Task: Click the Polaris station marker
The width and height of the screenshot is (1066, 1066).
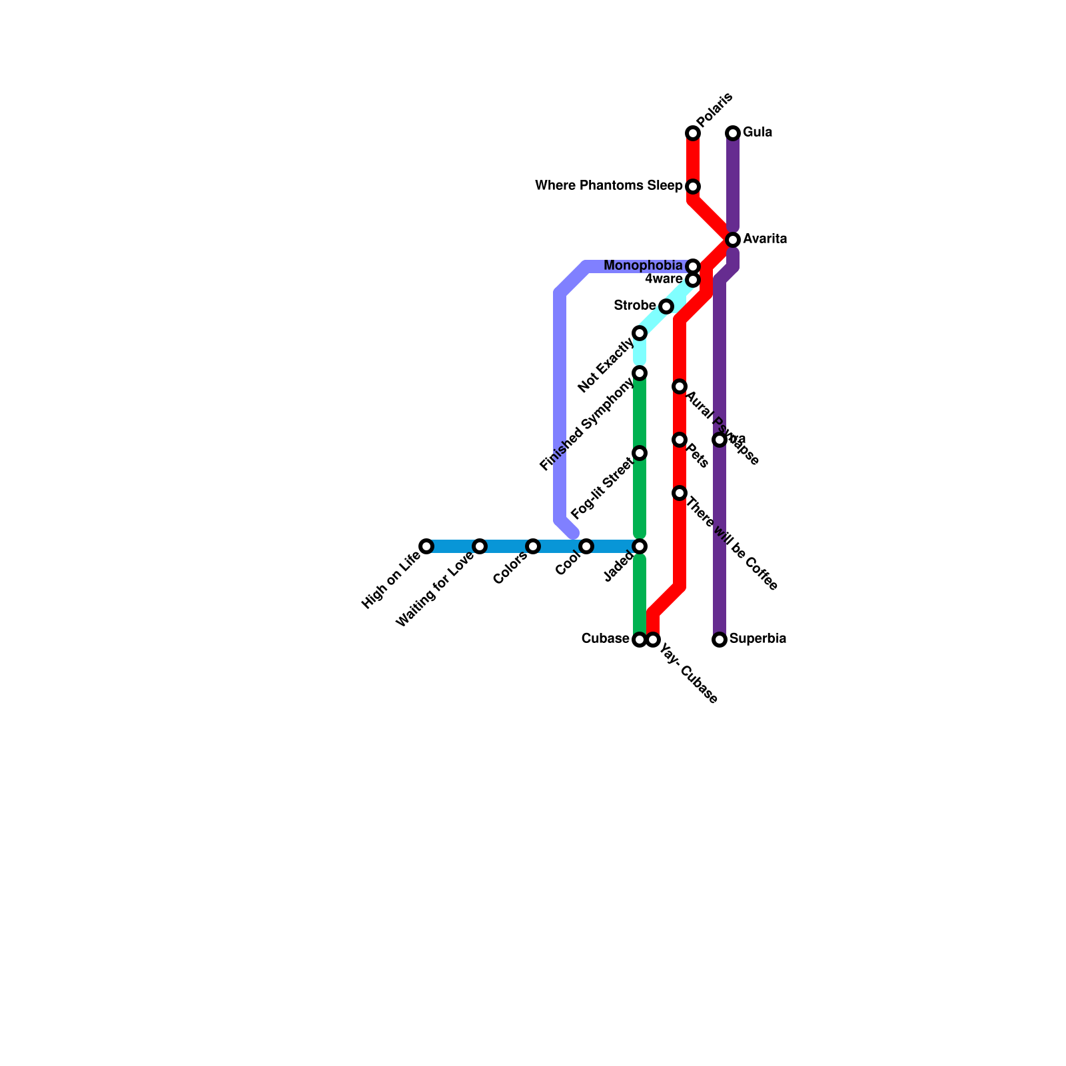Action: click(x=693, y=133)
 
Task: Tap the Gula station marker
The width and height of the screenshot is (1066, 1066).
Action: click(x=733, y=133)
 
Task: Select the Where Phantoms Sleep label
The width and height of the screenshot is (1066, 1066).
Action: click(x=608, y=186)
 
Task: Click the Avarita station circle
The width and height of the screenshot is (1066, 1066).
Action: click(x=733, y=239)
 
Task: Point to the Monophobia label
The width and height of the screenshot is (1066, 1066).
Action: click(x=643, y=266)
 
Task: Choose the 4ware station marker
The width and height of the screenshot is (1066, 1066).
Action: click(x=693, y=280)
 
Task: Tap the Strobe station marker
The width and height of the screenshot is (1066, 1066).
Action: click(x=666, y=306)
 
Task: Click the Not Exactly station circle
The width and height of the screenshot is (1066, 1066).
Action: click(x=640, y=333)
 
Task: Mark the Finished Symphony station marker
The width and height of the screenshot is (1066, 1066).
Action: click(x=640, y=373)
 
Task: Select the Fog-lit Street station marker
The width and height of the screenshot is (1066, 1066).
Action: click(x=640, y=453)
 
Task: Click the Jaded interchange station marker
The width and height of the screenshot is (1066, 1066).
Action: click(x=640, y=546)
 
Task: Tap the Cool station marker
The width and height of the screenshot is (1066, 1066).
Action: click(x=586, y=546)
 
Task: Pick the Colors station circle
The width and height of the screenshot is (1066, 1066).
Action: click(x=533, y=546)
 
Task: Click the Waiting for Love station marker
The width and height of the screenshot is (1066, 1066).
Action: click(x=480, y=546)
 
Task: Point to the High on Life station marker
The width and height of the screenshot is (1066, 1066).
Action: click(x=426, y=546)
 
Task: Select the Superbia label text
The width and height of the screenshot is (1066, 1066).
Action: click(x=758, y=639)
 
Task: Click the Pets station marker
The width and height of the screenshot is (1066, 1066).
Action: click(x=680, y=440)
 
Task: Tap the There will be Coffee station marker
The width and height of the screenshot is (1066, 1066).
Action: click(x=680, y=493)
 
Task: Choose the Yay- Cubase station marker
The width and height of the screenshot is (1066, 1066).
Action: click(x=654, y=640)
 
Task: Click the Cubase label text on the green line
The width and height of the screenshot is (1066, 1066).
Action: click(x=605, y=639)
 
